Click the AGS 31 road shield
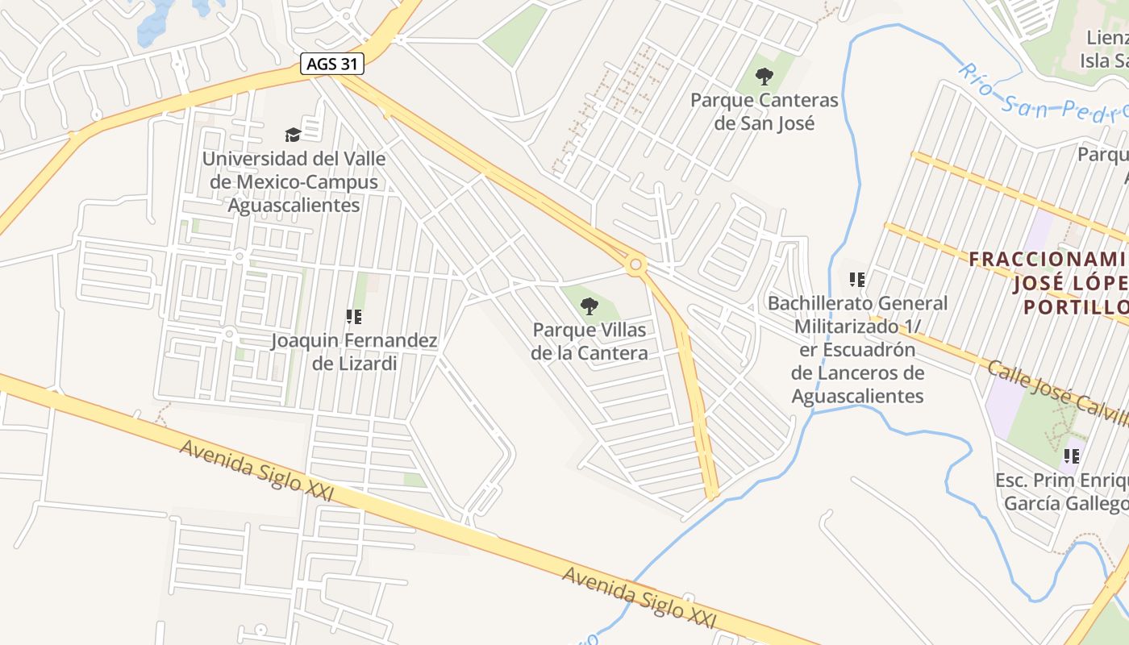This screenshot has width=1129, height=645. click(332, 64)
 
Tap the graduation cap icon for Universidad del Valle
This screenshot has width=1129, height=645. click(293, 135)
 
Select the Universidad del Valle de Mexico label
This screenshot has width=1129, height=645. click(294, 182)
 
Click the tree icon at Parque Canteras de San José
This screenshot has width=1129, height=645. click(764, 77)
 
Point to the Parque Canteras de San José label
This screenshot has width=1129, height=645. click(764, 112)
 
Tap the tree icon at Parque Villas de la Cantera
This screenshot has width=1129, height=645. click(589, 306)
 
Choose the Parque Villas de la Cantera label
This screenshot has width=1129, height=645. click(589, 342)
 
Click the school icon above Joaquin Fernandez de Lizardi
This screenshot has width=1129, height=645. click(353, 317)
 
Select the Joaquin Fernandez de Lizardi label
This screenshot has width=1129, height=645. click(354, 352)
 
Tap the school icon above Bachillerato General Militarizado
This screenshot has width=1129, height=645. click(857, 280)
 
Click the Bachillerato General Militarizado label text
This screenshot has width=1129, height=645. click(857, 349)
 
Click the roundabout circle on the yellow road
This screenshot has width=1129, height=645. click(636, 264)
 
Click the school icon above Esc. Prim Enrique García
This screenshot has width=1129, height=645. click(1071, 456)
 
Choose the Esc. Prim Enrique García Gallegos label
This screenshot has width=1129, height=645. click(1063, 492)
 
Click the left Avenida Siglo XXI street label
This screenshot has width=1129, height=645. click(256, 470)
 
